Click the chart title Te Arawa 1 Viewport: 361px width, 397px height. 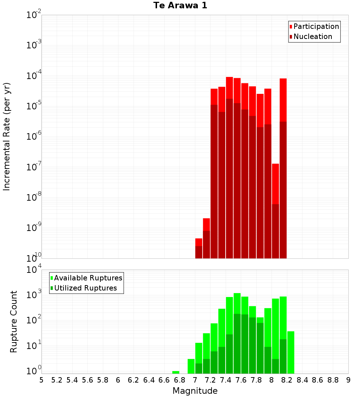tap(180, 6)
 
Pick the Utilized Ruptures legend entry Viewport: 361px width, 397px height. tap(85, 288)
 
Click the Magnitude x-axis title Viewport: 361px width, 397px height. tap(195, 391)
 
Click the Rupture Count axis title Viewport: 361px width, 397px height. tap(14, 322)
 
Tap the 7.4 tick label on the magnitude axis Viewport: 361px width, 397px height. tap(226, 380)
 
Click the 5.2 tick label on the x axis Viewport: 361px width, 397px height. tap(57, 380)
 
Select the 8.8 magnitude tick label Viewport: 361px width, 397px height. tap(333, 380)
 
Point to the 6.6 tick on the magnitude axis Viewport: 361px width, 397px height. tap(164, 380)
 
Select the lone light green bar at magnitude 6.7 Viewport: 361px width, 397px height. tap(176, 372)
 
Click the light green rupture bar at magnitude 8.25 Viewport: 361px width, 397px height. tap(291, 352)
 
